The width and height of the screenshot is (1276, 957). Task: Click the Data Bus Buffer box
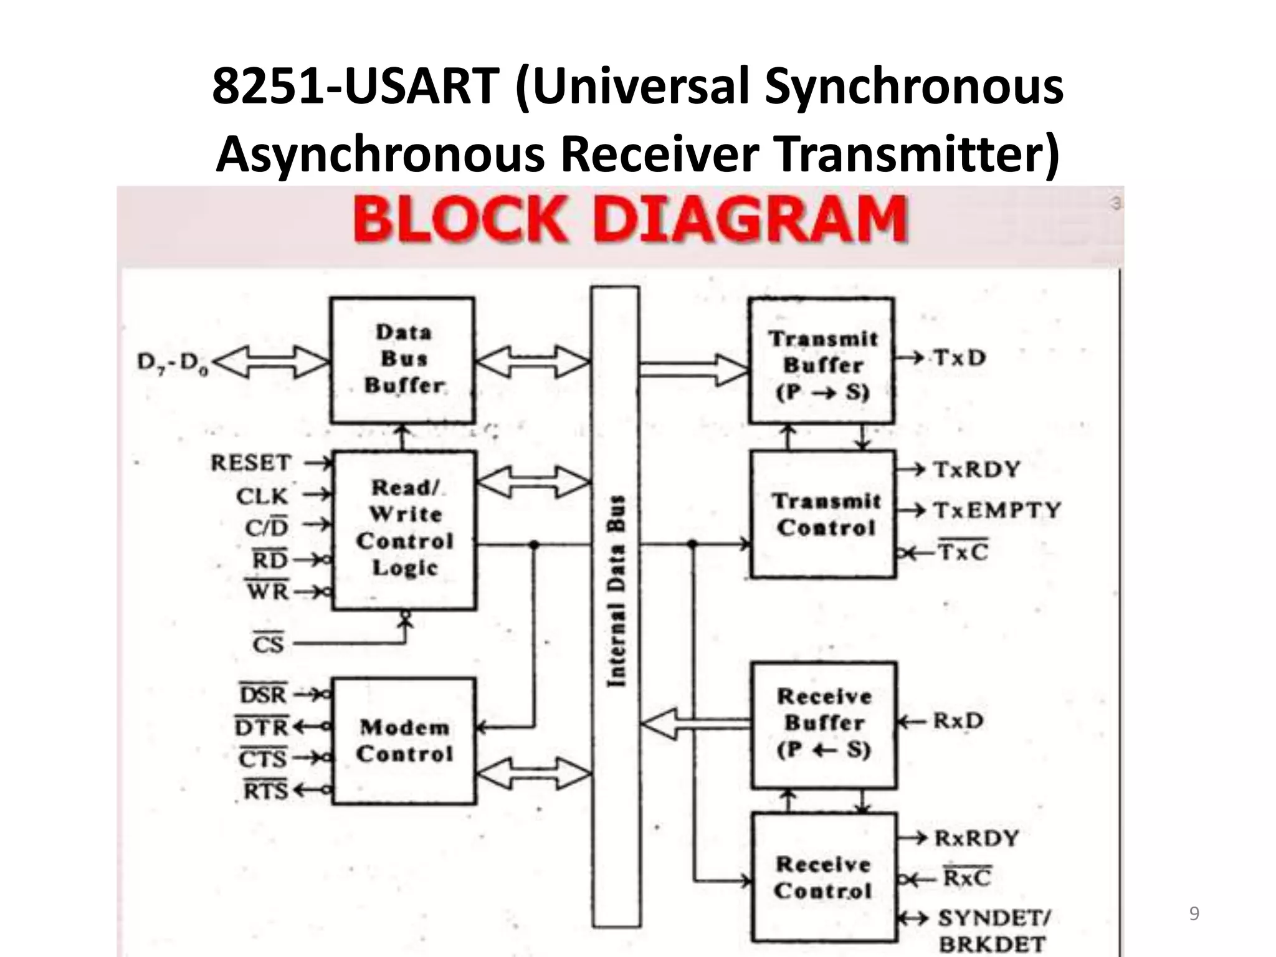click(402, 360)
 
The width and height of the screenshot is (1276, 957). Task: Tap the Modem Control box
click(404, 741)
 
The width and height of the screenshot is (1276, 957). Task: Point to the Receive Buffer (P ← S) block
click(824, 725)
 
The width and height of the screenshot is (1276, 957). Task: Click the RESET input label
click(251, 463)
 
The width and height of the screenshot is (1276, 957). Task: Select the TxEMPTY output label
click(997, 510)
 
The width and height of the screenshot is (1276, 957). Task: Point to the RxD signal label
click(958, 721)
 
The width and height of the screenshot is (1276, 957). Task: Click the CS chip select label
click(268, 643)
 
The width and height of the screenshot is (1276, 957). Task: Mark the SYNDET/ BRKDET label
click(993, 931)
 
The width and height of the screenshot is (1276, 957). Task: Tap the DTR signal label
click(262, 726)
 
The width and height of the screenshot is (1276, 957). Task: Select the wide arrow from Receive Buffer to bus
click(695, 724)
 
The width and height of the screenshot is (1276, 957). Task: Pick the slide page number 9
click(1194, 913)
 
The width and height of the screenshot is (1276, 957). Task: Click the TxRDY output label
click(977, 469)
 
